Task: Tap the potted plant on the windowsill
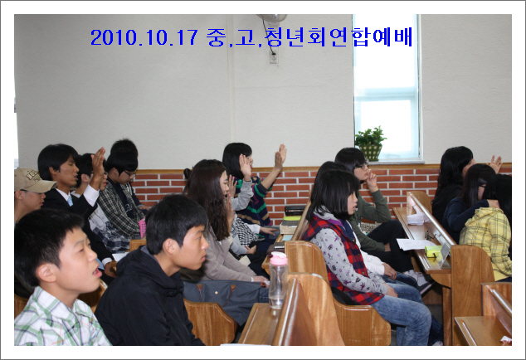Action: click(370, 144)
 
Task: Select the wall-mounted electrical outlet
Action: click(274, 57)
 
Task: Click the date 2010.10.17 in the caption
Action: click(144, 36)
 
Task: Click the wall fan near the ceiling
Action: click(272, 17)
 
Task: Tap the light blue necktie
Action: click(70, 201)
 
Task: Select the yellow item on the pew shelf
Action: click(433, 251)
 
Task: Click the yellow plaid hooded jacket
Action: click(487, 241)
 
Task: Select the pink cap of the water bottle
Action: click(279, 258)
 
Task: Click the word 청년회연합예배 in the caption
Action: click(338, 36)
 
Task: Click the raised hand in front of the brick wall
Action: click(280, 156)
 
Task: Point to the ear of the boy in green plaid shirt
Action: click(46, 272)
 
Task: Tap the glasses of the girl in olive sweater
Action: click(362, 166)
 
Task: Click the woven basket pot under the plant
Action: click(370, 153)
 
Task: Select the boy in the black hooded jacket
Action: click(154, 272)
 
